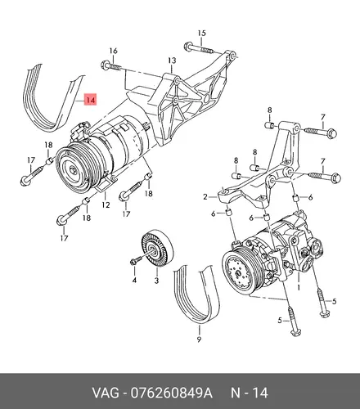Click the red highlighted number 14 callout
pyautogui.click(x=91, y=100)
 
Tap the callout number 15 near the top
pyautogui.click(x=201, y=34)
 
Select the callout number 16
pyautogui.click(x=114, y=51)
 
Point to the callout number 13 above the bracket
pyautogui.click(x=172, y=61)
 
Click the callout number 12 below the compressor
pyautogui.click(x=106, y=204)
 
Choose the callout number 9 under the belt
pyautogui.click(x=199, y=339)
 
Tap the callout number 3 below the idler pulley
pyautogui.click(x=156, y=281)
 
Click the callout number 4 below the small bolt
pyautogui.click(x=134, y=280)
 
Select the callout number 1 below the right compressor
pyautogui.click(x=299, y=287)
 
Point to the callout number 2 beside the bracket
pyautogui.click(x=205, y=196)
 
